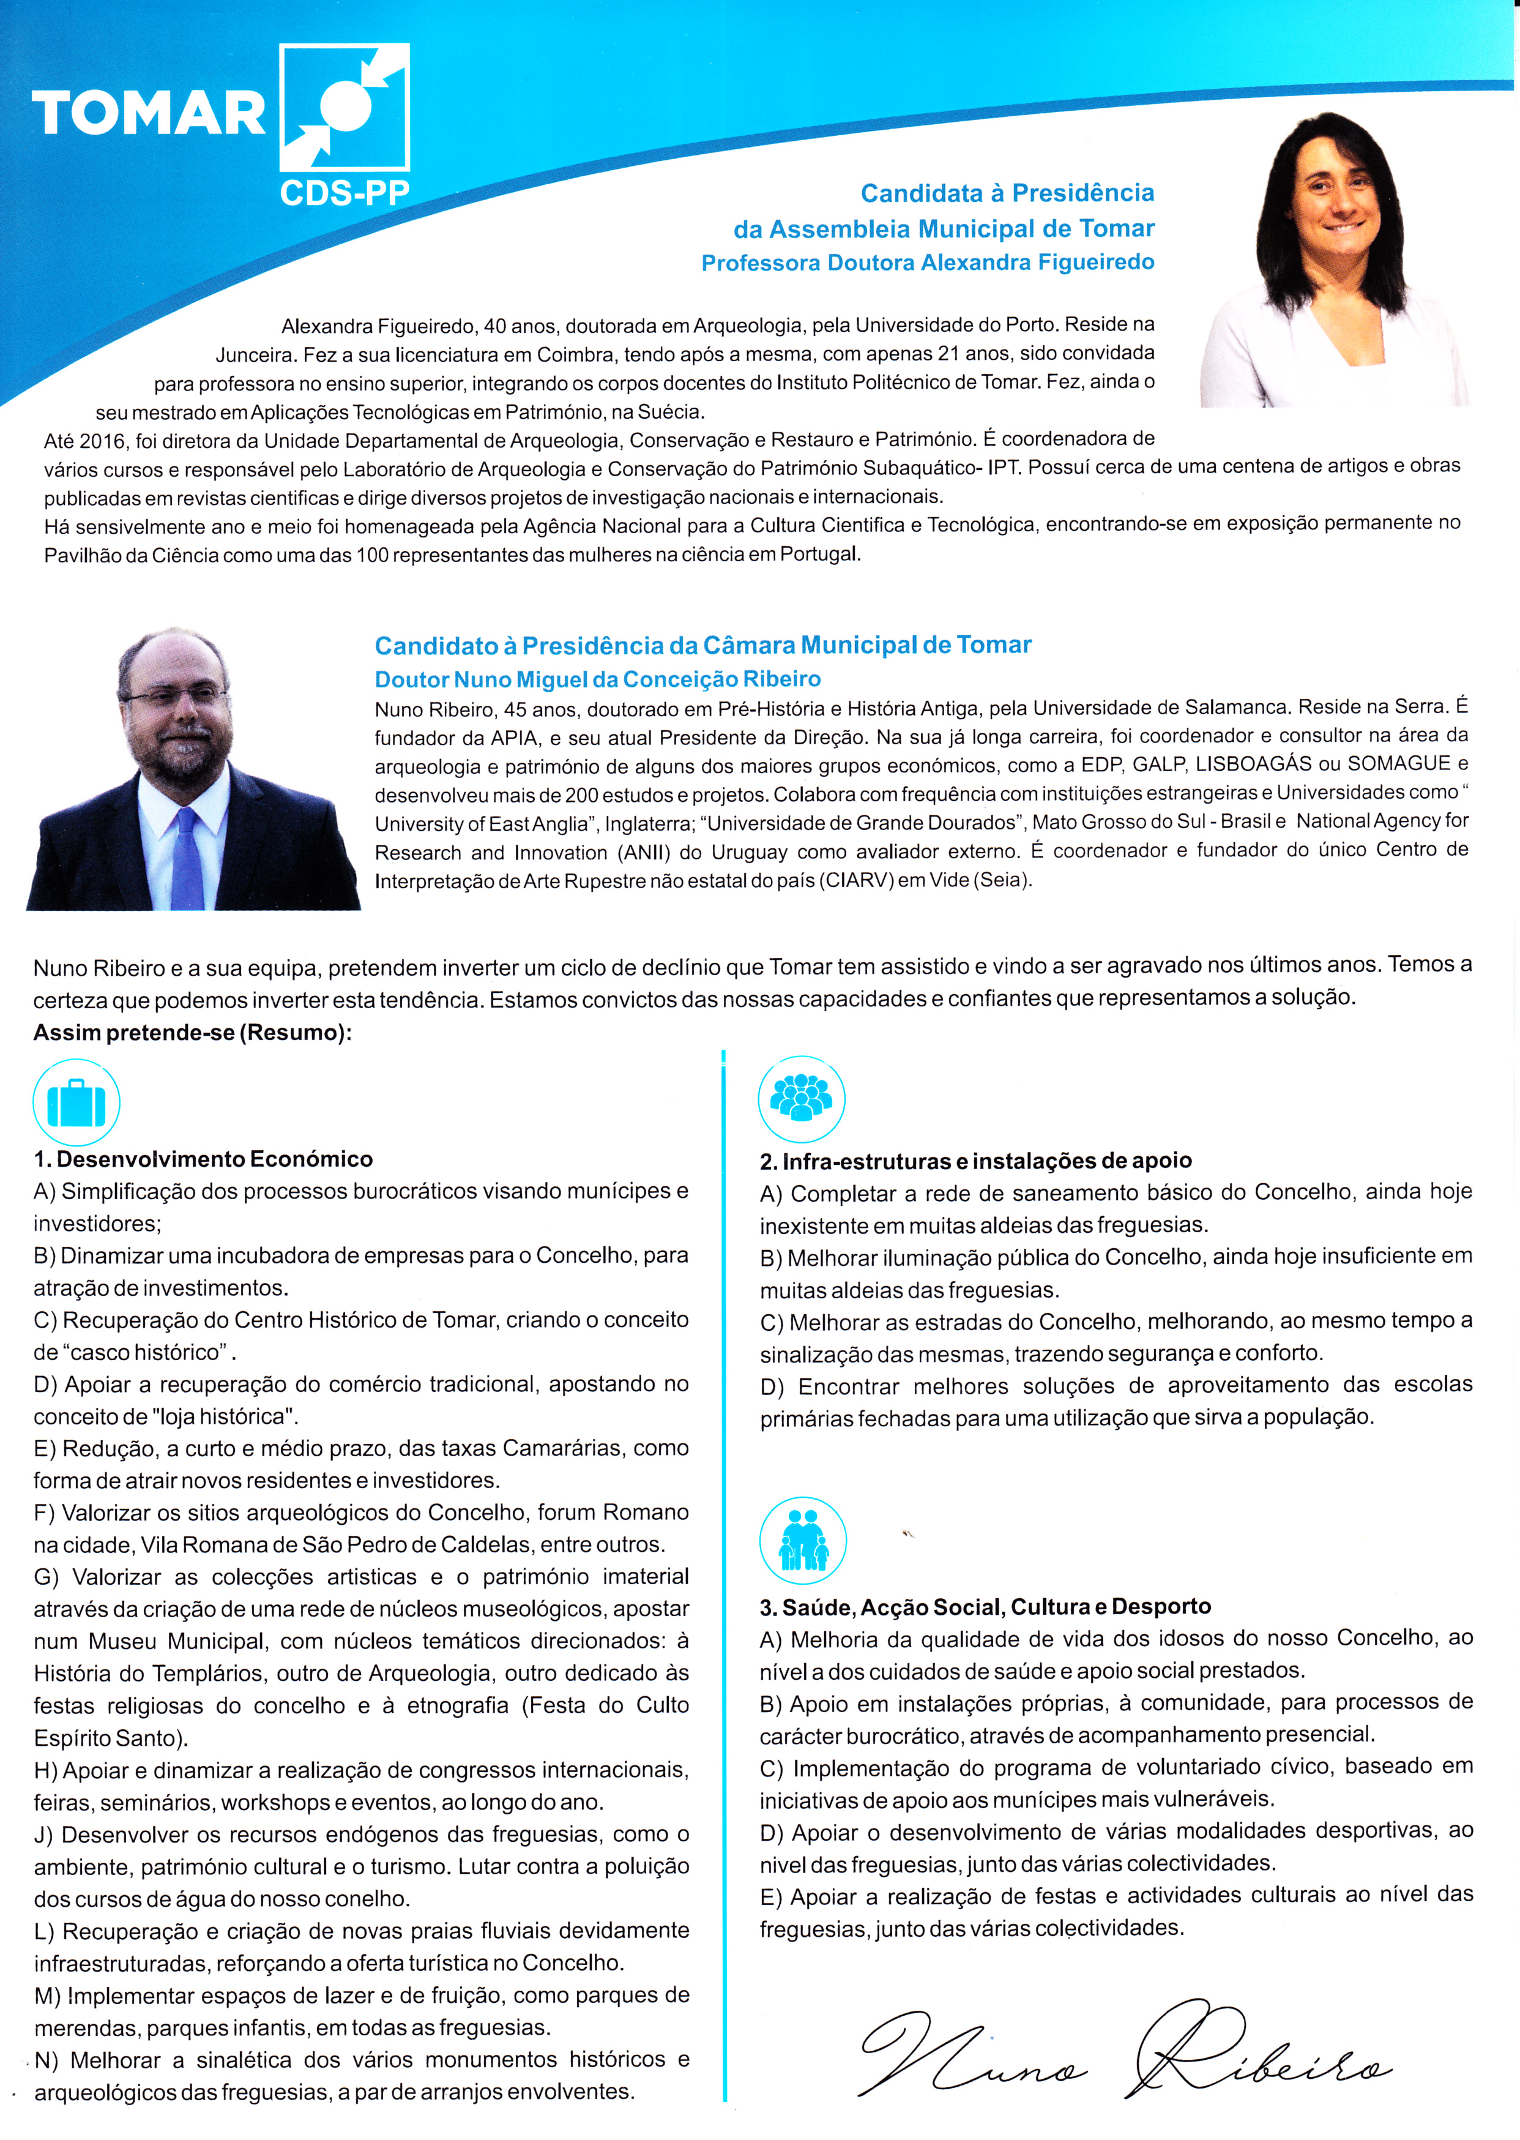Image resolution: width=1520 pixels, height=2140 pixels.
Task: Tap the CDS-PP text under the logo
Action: pyautogui.click(x=345, y=193)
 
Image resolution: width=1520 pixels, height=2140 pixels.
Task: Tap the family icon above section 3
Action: pyautogui.click(x=802, y=1541)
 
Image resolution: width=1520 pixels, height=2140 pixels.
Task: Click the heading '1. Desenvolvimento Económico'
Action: pyautogui.click(x=203, y=1159)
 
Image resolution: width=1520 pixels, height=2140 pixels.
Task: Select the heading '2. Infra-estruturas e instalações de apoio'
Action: pyautogui.click(x=975, y=1161)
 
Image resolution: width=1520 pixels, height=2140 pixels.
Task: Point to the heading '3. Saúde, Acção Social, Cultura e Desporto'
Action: pyautogui.click(x=985, y=1606)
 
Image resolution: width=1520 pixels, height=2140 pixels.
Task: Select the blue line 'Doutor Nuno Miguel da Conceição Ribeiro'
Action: pyautogui.click(x=597, y=679)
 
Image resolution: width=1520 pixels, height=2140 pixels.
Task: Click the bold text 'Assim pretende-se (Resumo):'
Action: pyautogui.click(x=193, y=1033)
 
